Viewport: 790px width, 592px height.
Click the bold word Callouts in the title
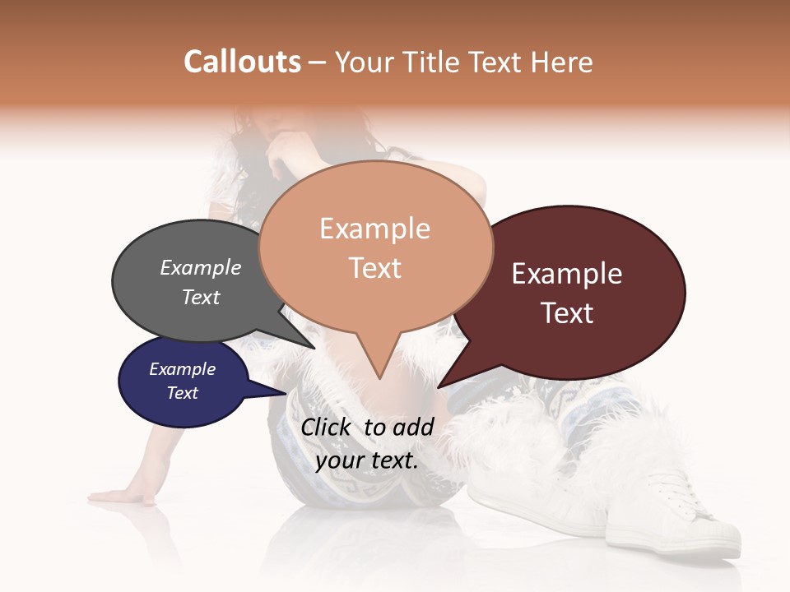[x=242, y=62]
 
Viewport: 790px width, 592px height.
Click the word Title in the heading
[x=435, y=62]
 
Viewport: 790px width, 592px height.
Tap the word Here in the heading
[x=561, y=62]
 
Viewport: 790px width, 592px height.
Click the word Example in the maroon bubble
[x=567, y=274]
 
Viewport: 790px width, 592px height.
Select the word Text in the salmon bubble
[x=375, y=268]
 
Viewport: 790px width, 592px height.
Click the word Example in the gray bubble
[x=200, y=268]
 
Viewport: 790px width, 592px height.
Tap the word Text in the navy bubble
[x=183, y=393]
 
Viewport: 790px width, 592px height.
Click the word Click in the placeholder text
[x=327, y=427]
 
